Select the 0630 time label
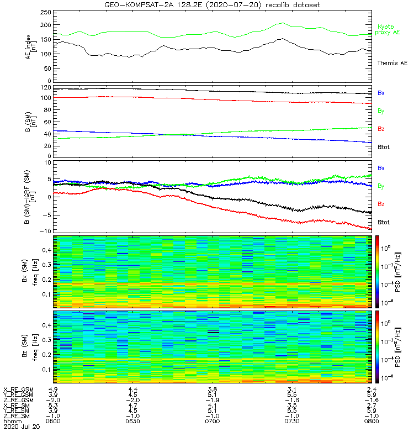pyautogui.click(x=132, y=422)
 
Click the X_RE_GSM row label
pyautogui.click(x=18, y=390)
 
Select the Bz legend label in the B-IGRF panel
pyautogui.click(x=381, y=204)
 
